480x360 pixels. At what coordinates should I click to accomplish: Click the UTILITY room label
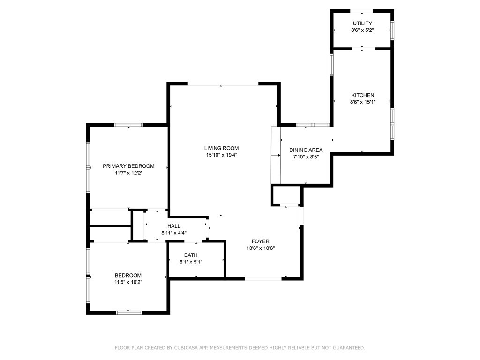click(x=362, y=23)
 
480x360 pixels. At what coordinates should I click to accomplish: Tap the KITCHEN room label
click(x=363, y=95)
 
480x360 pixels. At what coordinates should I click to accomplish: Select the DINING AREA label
click(x=306, y=150)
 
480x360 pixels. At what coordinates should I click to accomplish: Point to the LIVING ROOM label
click(x=221, y=148)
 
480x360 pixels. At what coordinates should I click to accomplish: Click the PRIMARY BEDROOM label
click(x=128, y=166)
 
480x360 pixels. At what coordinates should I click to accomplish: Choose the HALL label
click(x=174, y=226)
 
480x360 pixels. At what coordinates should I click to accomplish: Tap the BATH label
click(x=191, y=255)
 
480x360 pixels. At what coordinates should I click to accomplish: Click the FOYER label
click(x=261, y=241)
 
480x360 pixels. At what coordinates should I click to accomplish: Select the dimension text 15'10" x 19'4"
click(x=221, y=155)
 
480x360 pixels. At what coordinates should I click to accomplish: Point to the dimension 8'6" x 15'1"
click(x=363, y=102)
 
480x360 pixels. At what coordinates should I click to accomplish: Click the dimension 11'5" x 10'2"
click(x=128, y=282)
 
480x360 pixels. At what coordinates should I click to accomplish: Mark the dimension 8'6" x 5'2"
click(x=362, y=30)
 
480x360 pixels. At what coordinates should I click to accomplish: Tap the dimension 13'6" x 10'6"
click(x=261, y=248)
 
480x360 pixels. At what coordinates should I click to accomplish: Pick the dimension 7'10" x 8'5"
click(x=306, y=157)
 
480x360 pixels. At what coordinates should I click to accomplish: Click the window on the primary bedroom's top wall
click(x=128, y=125)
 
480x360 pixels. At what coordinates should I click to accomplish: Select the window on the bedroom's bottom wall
click(x=129, y=313)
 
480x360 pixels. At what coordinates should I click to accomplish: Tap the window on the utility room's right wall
click(x=392, y=30)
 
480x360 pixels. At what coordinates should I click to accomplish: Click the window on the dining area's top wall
click(x=313, y=125)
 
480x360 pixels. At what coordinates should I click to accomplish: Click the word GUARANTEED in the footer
click(x=349, y=348)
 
